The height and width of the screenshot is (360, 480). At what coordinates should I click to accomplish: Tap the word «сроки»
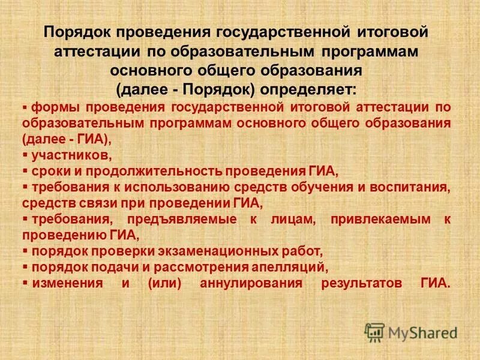pyautogui.click(x=51, y=170)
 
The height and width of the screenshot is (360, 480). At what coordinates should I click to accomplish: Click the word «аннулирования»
pyautogui.click(x=251, y=282)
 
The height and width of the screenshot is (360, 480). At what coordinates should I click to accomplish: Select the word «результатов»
pyautogui.click(x=359, y=282)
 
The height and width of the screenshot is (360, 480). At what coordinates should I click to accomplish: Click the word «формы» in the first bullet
pyautogui.click(x=55, y=107)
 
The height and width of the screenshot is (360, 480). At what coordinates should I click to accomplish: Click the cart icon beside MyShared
pyautogui.click(x=375, y=332)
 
